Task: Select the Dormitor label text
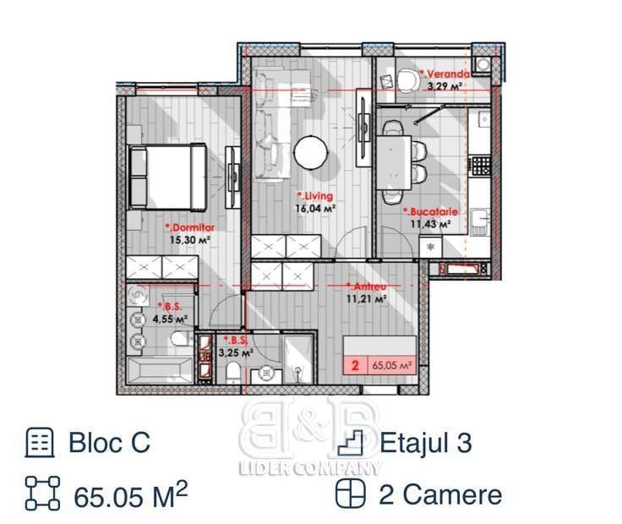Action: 190,227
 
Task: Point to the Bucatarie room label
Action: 430,212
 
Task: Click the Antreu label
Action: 366,287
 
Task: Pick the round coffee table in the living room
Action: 311,152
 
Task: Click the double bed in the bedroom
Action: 167,177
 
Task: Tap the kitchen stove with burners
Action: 481,166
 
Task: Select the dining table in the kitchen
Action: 394,162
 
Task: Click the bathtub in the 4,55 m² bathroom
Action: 161,370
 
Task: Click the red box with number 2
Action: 355,365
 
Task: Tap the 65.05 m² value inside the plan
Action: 391,365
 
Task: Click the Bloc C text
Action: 110,442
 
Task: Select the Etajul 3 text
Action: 426,443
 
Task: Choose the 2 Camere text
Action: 440,495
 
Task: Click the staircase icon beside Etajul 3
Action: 350,443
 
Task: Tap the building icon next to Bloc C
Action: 39,443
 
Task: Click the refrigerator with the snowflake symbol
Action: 431,246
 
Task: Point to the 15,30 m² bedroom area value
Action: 189,240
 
